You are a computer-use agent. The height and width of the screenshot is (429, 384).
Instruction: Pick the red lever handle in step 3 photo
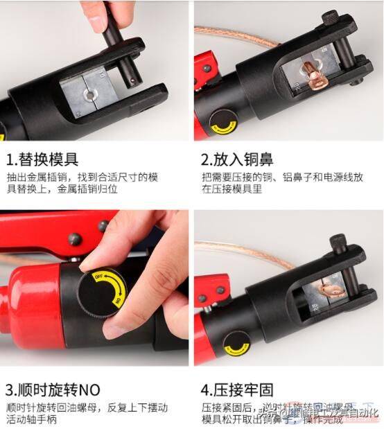tap(42, 229)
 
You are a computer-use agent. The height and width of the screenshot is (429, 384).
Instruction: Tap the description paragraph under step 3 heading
tap(87, 414)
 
